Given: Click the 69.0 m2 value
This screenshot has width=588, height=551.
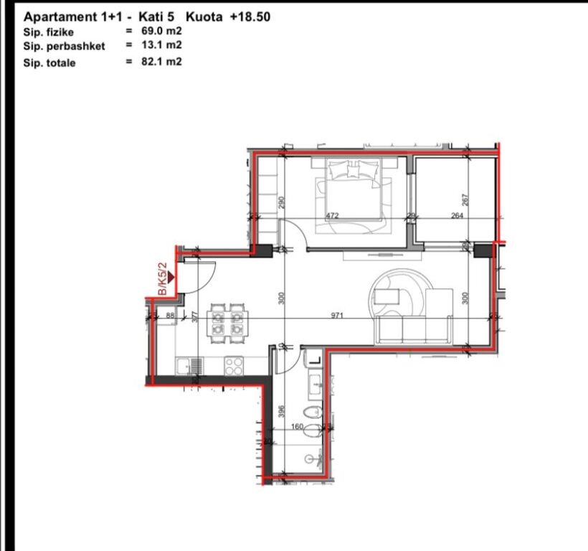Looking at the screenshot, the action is click(161, 31).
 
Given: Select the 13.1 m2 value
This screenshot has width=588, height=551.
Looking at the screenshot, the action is click(161, 45).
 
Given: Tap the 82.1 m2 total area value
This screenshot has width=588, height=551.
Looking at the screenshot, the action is click(161, 62).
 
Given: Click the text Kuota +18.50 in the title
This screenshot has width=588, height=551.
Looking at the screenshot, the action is click(228, 17).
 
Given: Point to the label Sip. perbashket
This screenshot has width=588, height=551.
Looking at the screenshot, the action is click(64, 46).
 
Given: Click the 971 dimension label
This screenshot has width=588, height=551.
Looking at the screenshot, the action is click(337, 316).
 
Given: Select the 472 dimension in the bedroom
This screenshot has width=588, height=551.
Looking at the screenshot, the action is click(332, 216).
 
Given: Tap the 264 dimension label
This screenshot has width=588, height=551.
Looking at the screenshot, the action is click(457, 216).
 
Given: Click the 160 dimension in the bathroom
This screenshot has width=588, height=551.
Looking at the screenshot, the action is click(297, 426).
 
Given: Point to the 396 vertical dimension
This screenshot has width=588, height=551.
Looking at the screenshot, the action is click(282, 412).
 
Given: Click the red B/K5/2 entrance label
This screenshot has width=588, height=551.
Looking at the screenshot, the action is click(163, 278).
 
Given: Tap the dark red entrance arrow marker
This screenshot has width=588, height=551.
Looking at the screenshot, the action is click(171, 277).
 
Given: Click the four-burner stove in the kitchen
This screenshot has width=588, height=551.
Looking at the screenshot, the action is click(234, 366).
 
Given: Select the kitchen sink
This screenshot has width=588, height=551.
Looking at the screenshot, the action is click(189, 366).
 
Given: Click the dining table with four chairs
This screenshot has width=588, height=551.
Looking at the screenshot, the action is click(227, 324).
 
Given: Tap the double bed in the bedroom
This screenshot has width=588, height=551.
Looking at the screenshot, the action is click(354, 195).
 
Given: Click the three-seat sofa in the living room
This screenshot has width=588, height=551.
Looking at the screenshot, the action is click(414, 329).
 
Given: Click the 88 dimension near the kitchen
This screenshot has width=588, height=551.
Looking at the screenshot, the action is click(170, 316).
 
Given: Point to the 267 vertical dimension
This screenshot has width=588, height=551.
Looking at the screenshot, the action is click(465, 199).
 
